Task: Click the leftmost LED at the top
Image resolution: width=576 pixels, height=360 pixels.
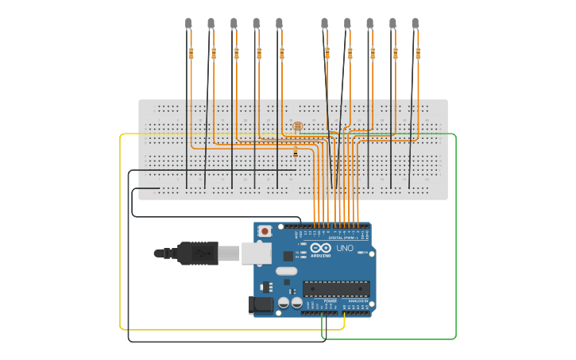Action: coord(188,24)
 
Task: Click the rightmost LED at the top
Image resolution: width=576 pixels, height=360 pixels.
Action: coord(415,24)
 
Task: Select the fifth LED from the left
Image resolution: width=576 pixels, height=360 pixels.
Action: coord(279,24)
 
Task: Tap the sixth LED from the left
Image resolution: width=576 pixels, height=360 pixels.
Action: coord(324,24)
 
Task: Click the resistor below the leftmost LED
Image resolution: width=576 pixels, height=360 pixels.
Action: coord(191,53)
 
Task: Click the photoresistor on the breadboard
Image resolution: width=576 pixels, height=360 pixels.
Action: coord(297,126)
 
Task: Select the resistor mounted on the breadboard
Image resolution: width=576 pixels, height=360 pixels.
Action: coord(296,151)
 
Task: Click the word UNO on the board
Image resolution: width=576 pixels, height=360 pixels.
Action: coord(345,248)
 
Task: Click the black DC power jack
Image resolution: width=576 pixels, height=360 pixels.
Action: coord(261,304)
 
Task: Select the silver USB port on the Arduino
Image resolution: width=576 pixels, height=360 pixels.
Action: coord(256,253)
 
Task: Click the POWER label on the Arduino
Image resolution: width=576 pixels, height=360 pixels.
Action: coord(331,301)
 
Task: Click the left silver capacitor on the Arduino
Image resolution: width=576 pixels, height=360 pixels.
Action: coord(284,303)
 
